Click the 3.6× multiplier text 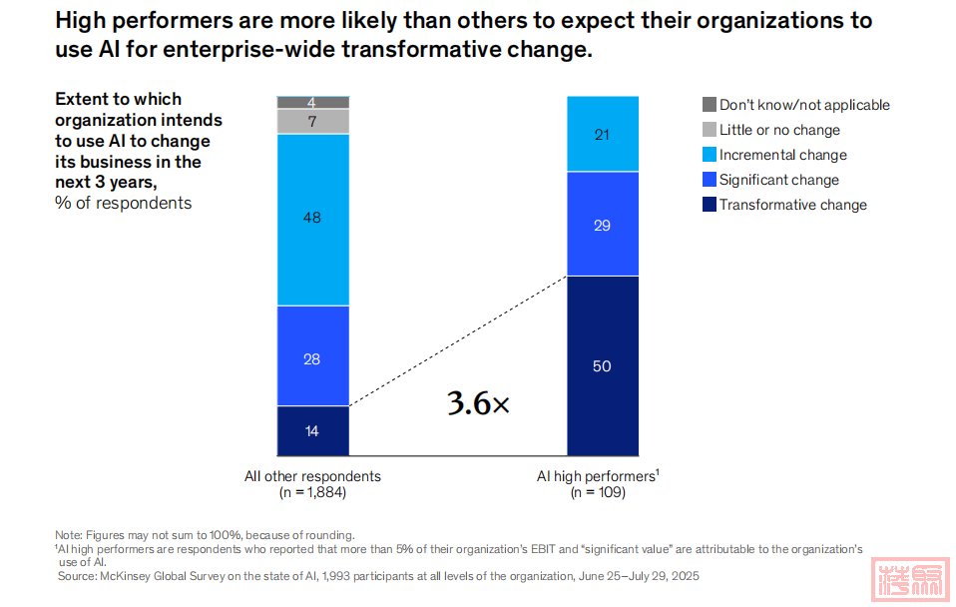[x=478, y=404]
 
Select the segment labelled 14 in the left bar [x=312, y=430]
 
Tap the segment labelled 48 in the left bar [x=312, y=219]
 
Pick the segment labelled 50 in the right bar [x=602, y=365]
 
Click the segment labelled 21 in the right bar [x=602, y=134]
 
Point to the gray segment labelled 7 [x=312, y=121]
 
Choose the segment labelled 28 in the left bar [x=312, y=356]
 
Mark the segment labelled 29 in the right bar [x=602, y=224]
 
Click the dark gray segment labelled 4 [x=312, y=102]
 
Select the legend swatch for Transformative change [x=710, y=205]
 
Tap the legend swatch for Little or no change [x=710, y=130]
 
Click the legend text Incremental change [x=782, y=155]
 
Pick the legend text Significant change [x=778, y=180]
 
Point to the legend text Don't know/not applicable [x=804, y=105]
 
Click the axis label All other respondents [x=312, y=476]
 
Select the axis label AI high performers [x=597, y=476]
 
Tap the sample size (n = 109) [x=598, y=492]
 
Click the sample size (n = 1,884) [x=312, y=492]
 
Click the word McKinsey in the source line [x=127, y=576]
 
